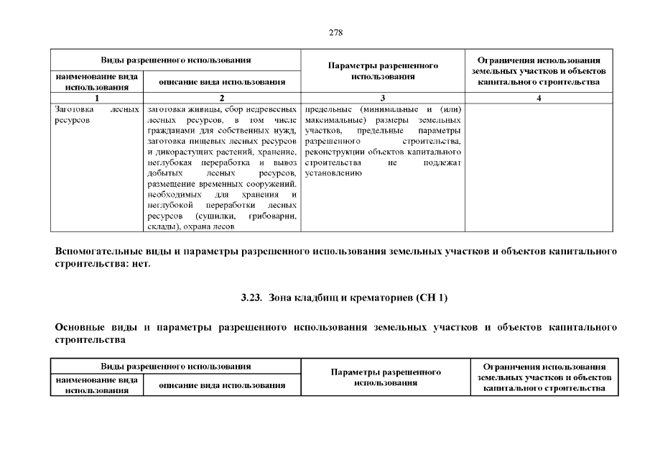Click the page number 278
coord(335,33)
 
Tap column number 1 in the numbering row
coord(96,98)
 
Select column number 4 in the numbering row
coord(539,98)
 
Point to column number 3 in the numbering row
coord(382,98)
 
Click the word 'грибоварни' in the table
coord(271,216)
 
